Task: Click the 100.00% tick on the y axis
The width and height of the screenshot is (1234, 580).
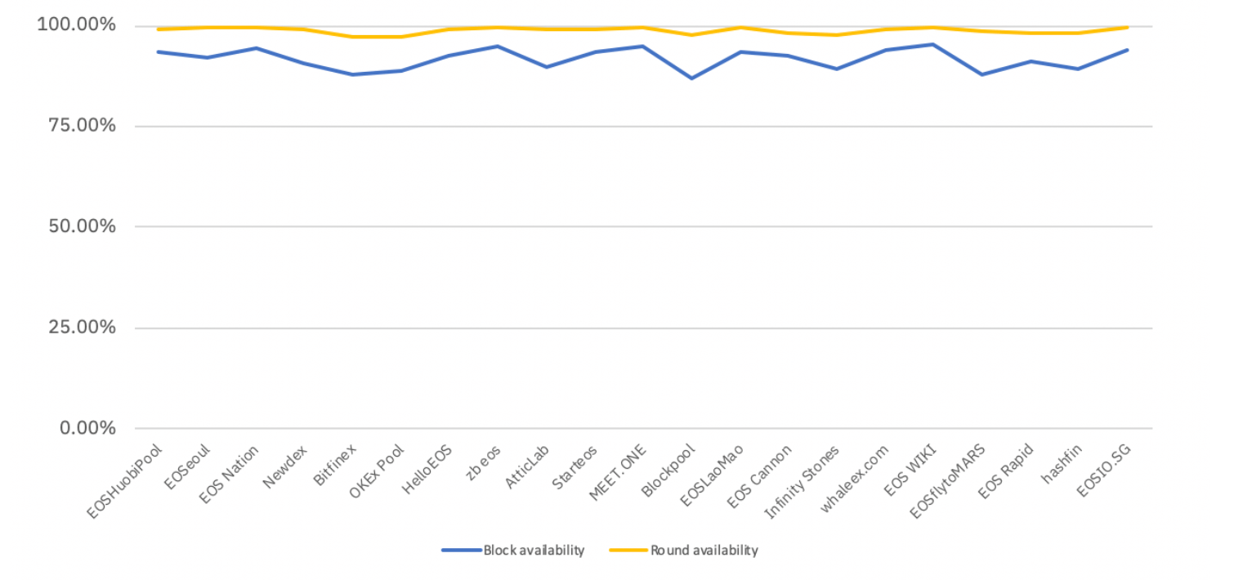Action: coord(77,25)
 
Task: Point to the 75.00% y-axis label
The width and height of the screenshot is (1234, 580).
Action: coord(80,126)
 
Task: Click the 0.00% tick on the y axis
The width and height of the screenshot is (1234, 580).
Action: coord(84,428)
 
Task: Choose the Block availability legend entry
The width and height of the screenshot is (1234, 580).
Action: coord(513,551)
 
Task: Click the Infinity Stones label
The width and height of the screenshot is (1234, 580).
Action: coord(802,482)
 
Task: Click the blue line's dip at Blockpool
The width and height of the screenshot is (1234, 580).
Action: coord(692,78)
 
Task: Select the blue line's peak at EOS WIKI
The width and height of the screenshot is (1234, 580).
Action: coord(933,44)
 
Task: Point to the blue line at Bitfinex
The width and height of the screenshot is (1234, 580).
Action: coord(353,74)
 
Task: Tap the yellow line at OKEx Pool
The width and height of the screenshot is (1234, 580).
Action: coord(401,37)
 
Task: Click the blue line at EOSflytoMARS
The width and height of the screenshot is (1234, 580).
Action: coord(981,74)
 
